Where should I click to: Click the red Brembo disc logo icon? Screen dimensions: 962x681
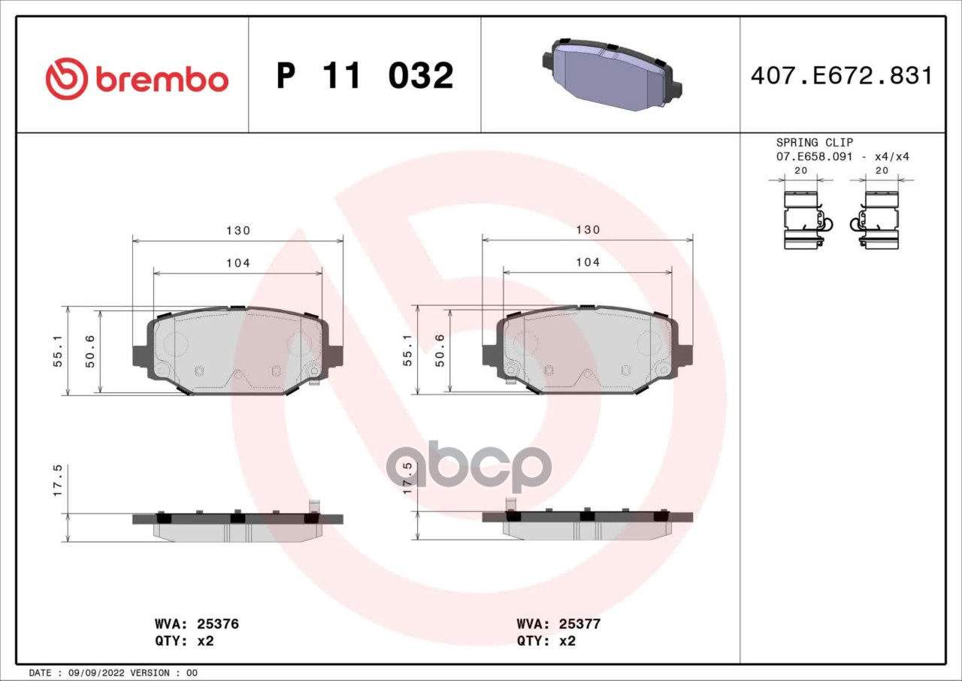coord(67,79)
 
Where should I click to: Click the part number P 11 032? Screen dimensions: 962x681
coord(365,76)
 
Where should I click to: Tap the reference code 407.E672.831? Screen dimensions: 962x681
coord(842,76)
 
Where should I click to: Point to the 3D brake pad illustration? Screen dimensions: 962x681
coord(613,74)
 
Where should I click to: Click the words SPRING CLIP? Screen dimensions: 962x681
coord(814,142)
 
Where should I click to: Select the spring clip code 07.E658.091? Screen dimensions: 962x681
coord(814,157)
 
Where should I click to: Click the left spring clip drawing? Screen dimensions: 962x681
coord(803,220)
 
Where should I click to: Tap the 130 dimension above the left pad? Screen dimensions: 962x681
coord(238,231)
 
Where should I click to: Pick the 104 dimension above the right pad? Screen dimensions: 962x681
coord(588,262)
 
